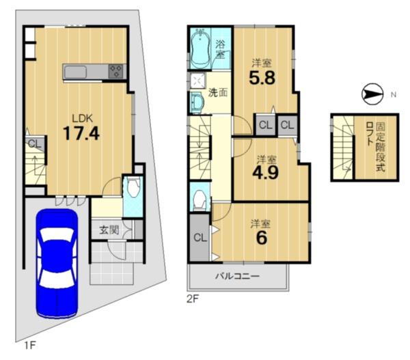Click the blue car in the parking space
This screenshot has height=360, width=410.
point(57,264)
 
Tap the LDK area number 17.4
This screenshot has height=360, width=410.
point(81,133)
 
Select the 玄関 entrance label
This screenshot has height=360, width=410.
point(109,230)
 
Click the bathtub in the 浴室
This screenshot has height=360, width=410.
point(200,49)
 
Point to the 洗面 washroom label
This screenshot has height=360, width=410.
point(218,92)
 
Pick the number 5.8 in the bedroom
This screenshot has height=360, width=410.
point(262,78)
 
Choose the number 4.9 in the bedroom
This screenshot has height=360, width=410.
point(265,172)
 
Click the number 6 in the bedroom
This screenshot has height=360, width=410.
point(262,238)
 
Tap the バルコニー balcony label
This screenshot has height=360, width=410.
point(237,276)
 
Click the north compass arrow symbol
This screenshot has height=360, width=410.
point(372,94)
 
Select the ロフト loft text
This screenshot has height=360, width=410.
point(369,133)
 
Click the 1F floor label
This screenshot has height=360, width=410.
point(29,346)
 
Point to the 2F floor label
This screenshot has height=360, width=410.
point(193,299)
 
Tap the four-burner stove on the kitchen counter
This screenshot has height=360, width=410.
point(115,71)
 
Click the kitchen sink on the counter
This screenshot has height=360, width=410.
point(75,72)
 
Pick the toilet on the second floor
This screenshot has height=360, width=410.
point(200,199)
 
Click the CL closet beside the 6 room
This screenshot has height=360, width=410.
point(200,238)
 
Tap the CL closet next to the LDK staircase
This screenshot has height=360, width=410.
point(35,143)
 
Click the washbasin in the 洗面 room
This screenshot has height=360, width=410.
point(197,102)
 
